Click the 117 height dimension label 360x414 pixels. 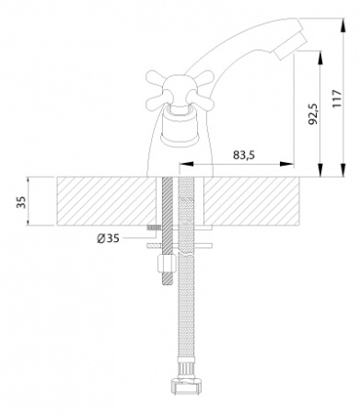(337, 98)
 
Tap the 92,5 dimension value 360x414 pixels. (313, 114)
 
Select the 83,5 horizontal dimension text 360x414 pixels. (244, 155)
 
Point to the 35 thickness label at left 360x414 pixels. (22, 202)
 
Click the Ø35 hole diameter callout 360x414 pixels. (109, 238)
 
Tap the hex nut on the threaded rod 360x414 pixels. (167, 263)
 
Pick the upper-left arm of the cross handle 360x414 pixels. (155, 78)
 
